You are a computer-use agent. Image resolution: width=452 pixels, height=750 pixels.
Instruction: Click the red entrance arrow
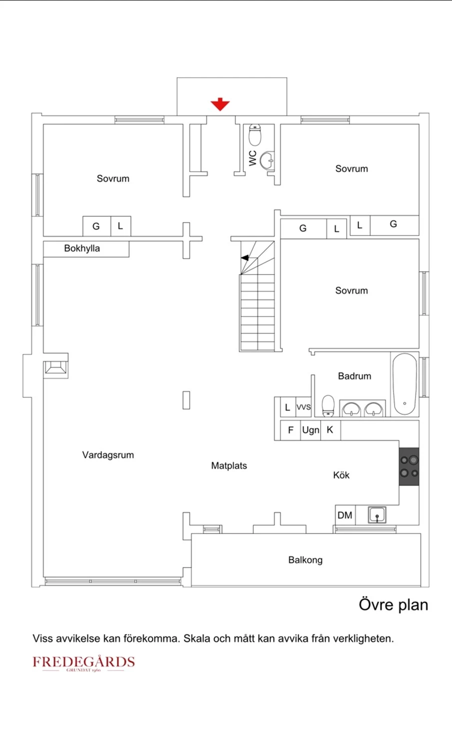[220, 104]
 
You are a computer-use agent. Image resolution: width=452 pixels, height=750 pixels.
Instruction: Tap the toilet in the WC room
[255, 135]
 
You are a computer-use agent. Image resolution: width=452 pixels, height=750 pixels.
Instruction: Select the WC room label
[253, 158]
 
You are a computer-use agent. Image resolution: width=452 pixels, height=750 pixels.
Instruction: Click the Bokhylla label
[82, 248]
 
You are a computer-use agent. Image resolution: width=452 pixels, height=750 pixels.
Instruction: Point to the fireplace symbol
[56, 367]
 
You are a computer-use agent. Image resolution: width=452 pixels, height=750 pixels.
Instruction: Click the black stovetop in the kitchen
[409, 466]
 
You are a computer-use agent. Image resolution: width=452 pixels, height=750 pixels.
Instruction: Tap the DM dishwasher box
[345, 515]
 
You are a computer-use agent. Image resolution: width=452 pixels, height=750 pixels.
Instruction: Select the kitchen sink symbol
[377, 514]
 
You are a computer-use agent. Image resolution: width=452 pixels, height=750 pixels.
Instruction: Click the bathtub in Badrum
[405, 384]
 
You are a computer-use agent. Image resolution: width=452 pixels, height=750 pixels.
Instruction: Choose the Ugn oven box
[311, 430]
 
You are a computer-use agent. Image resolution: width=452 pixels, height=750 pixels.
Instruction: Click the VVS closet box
[304, 407]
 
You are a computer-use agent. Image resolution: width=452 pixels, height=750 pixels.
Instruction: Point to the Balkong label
[306, 560]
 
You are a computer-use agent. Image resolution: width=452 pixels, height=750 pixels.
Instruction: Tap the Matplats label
[229, 465]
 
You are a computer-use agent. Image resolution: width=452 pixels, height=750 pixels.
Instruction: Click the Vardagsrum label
[108, 455]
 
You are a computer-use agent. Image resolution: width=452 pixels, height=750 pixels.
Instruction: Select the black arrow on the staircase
[245, 258]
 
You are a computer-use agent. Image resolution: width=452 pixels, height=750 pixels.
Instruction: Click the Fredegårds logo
[83, 663]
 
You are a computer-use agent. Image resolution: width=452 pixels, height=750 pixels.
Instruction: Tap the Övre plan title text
[394, 605]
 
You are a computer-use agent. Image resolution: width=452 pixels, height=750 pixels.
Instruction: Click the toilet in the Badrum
[328, 405]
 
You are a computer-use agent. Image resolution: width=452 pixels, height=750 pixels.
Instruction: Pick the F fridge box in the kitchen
[290, 430]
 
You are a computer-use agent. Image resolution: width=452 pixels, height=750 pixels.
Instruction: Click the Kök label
[341, 475]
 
